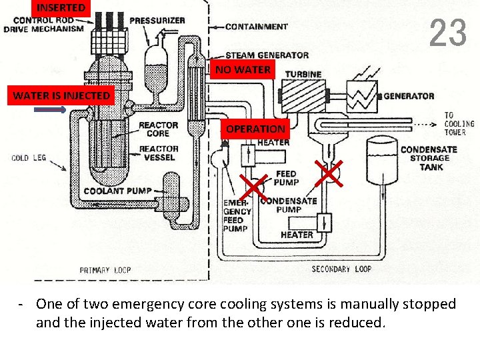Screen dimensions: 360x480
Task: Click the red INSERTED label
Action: pos(61,8)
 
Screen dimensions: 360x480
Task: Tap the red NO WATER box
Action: pos(243,69)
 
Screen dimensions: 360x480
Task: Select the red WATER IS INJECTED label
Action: pos(61,95)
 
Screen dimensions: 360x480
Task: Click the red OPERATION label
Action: pos(255,129)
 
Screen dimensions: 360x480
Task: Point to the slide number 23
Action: pos(447,33)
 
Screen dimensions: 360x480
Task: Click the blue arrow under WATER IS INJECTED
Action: pos(50,111)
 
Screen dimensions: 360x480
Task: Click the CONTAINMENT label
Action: pos(256,27)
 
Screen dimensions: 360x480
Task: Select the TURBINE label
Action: pos(303,73)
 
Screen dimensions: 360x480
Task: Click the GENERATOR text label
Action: pos(409,96)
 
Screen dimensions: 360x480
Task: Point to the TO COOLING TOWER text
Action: pos(459,123)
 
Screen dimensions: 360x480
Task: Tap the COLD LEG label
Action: pos(29,158)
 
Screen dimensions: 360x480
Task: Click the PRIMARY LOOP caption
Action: pos(105,270)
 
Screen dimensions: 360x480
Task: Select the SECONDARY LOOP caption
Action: pos(341,269)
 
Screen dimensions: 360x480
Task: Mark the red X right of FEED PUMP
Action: pos(329,173)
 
